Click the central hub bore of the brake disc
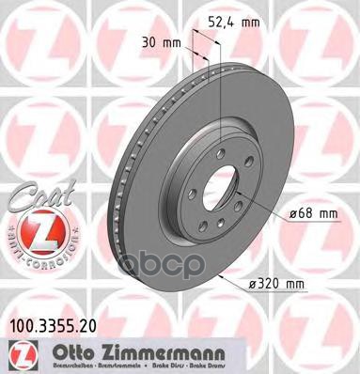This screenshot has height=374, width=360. coord(217,176)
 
